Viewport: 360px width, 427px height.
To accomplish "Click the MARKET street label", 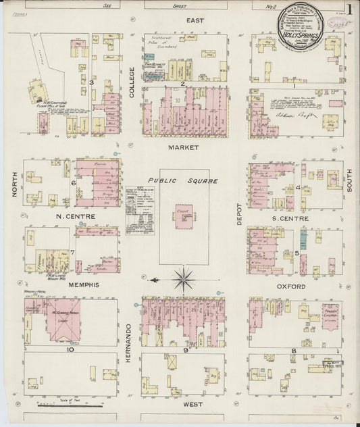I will (184, 146).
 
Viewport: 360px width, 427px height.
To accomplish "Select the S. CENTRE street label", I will (294, 219).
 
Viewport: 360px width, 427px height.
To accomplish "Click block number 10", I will (70, 350).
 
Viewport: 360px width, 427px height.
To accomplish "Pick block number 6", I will (73, 182).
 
